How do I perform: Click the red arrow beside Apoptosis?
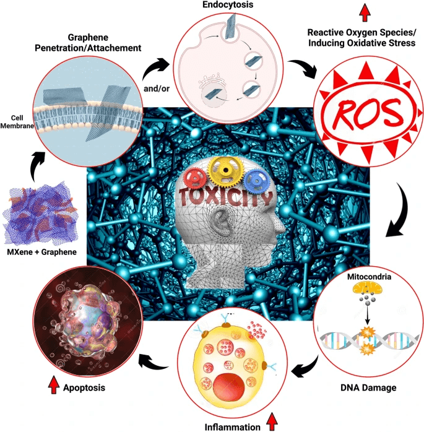(x=53, y=388)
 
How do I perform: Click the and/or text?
(x=157, y=89)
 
